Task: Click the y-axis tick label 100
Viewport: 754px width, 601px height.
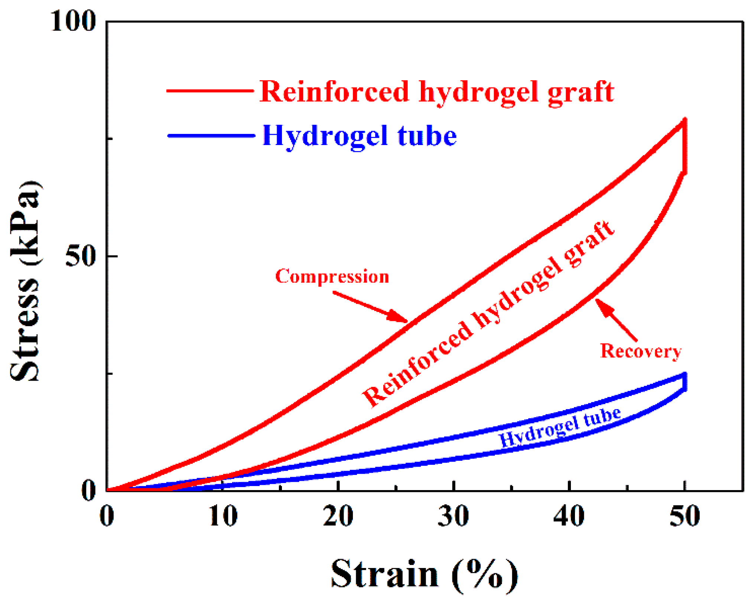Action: tap(73, 22)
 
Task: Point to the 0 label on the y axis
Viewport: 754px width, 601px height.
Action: tap(89, 490)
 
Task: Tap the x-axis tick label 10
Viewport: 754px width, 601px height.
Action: tap(222, 516)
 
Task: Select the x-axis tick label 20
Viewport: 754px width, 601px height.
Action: tap(338, 516)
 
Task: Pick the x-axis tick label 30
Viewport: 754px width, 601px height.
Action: tap(454, 516)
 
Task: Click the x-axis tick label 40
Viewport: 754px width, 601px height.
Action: tap(569, 516)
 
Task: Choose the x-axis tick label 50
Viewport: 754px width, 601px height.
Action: tap(685, 516)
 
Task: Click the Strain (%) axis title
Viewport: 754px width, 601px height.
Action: tap(424, 574)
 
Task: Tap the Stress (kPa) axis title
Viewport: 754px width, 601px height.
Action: tap(25, 281)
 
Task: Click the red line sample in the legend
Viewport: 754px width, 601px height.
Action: tap(210, 91)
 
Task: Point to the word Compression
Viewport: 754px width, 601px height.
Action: tap(332, 277)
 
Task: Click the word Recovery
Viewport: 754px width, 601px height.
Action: tap(641, 351)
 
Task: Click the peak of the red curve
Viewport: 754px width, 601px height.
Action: tap(684, 120)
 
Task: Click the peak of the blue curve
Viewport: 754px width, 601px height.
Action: tap(684, 374)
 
